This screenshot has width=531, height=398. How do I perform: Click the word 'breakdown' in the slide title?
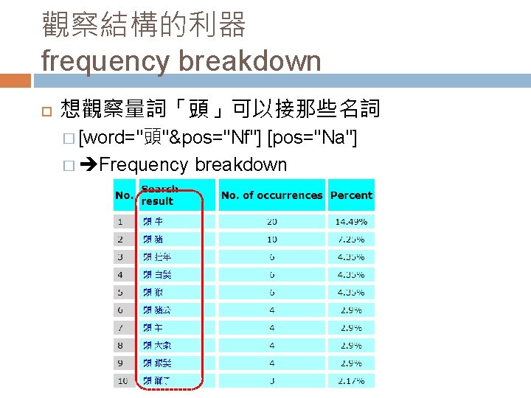pyautogui.click(x=250, y=60)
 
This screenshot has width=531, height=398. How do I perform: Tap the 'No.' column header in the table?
pyautogui.click(x=123, y=195)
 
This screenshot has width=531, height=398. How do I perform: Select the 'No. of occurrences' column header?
pyautogui.click(x=271, y=195)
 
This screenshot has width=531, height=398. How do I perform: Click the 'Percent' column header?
pyautogui.click(x=351, y=195)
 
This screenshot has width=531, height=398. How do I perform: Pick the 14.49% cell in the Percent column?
pyautogui.click(x=351, y=221)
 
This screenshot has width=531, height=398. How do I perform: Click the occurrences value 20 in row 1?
pyautogui.click(x=272, y=221)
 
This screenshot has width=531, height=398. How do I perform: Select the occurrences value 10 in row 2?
pyautogui.click(x=272, y=239)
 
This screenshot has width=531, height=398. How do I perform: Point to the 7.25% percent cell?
pyautogui.click(x=351, y=239)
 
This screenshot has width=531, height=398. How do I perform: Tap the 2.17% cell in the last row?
pyautogui.click(x=351, y=380)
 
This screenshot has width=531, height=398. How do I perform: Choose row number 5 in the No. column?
pyautogui.click(x=119, y=292)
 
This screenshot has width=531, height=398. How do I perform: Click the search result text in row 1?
pyautogui.click(x=153, y=221)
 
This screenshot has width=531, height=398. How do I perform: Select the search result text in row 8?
pyautogui.click(x=156, y=345)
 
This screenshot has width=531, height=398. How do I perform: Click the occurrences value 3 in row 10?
pyautogui.click(x=272, y=380)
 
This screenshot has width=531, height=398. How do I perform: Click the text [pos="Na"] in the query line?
pyautogui.click(x=313, y=137)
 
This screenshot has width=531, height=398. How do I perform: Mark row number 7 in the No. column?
pyautogui.click(x=119, y=327)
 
